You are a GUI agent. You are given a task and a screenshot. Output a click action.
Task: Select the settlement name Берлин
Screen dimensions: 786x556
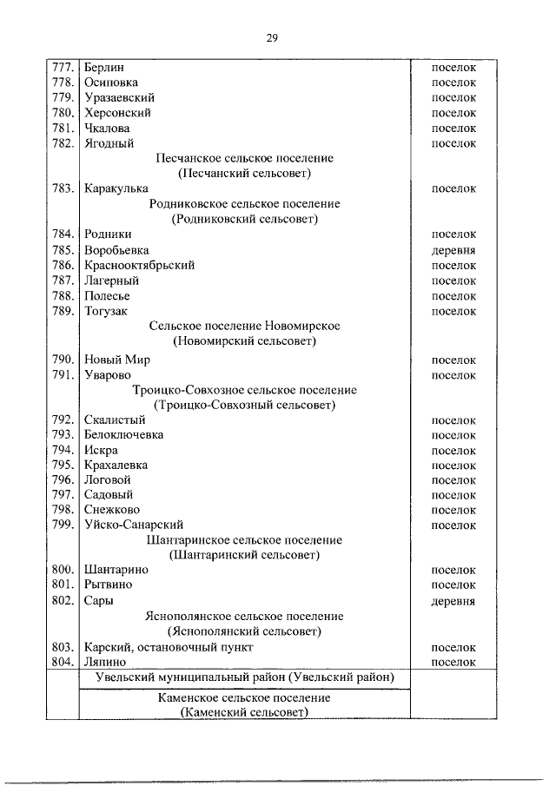pos(104,67)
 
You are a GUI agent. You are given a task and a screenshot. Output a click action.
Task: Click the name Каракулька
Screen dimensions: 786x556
pos(116,188)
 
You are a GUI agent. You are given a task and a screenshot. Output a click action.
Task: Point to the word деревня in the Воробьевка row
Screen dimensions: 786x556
pos(453,250)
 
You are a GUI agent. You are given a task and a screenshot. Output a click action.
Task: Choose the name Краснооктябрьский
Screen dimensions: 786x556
pos(139,265)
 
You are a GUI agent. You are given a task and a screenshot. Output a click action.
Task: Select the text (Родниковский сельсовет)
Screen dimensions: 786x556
pos(244,219)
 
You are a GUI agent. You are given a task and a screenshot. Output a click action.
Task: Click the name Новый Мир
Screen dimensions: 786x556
pos(117,360)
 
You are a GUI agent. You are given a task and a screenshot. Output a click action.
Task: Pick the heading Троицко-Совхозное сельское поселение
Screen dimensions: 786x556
pos(244,390)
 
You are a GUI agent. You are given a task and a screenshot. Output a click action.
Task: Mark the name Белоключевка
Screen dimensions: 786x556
pos(123,434)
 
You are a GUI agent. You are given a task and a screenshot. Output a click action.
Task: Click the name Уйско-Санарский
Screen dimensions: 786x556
pos(133,525)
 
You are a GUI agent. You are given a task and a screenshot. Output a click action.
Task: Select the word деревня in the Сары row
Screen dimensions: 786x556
pos(453,601)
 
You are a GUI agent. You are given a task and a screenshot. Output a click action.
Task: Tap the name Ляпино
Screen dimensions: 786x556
pos(105,662)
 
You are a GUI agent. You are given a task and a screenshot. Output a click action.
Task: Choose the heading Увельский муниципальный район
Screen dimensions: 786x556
pos(244,677)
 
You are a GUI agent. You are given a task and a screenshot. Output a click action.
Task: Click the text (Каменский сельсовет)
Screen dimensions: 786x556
pos(244,712)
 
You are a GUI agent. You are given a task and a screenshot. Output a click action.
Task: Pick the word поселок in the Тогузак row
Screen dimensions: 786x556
pos(453,311)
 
